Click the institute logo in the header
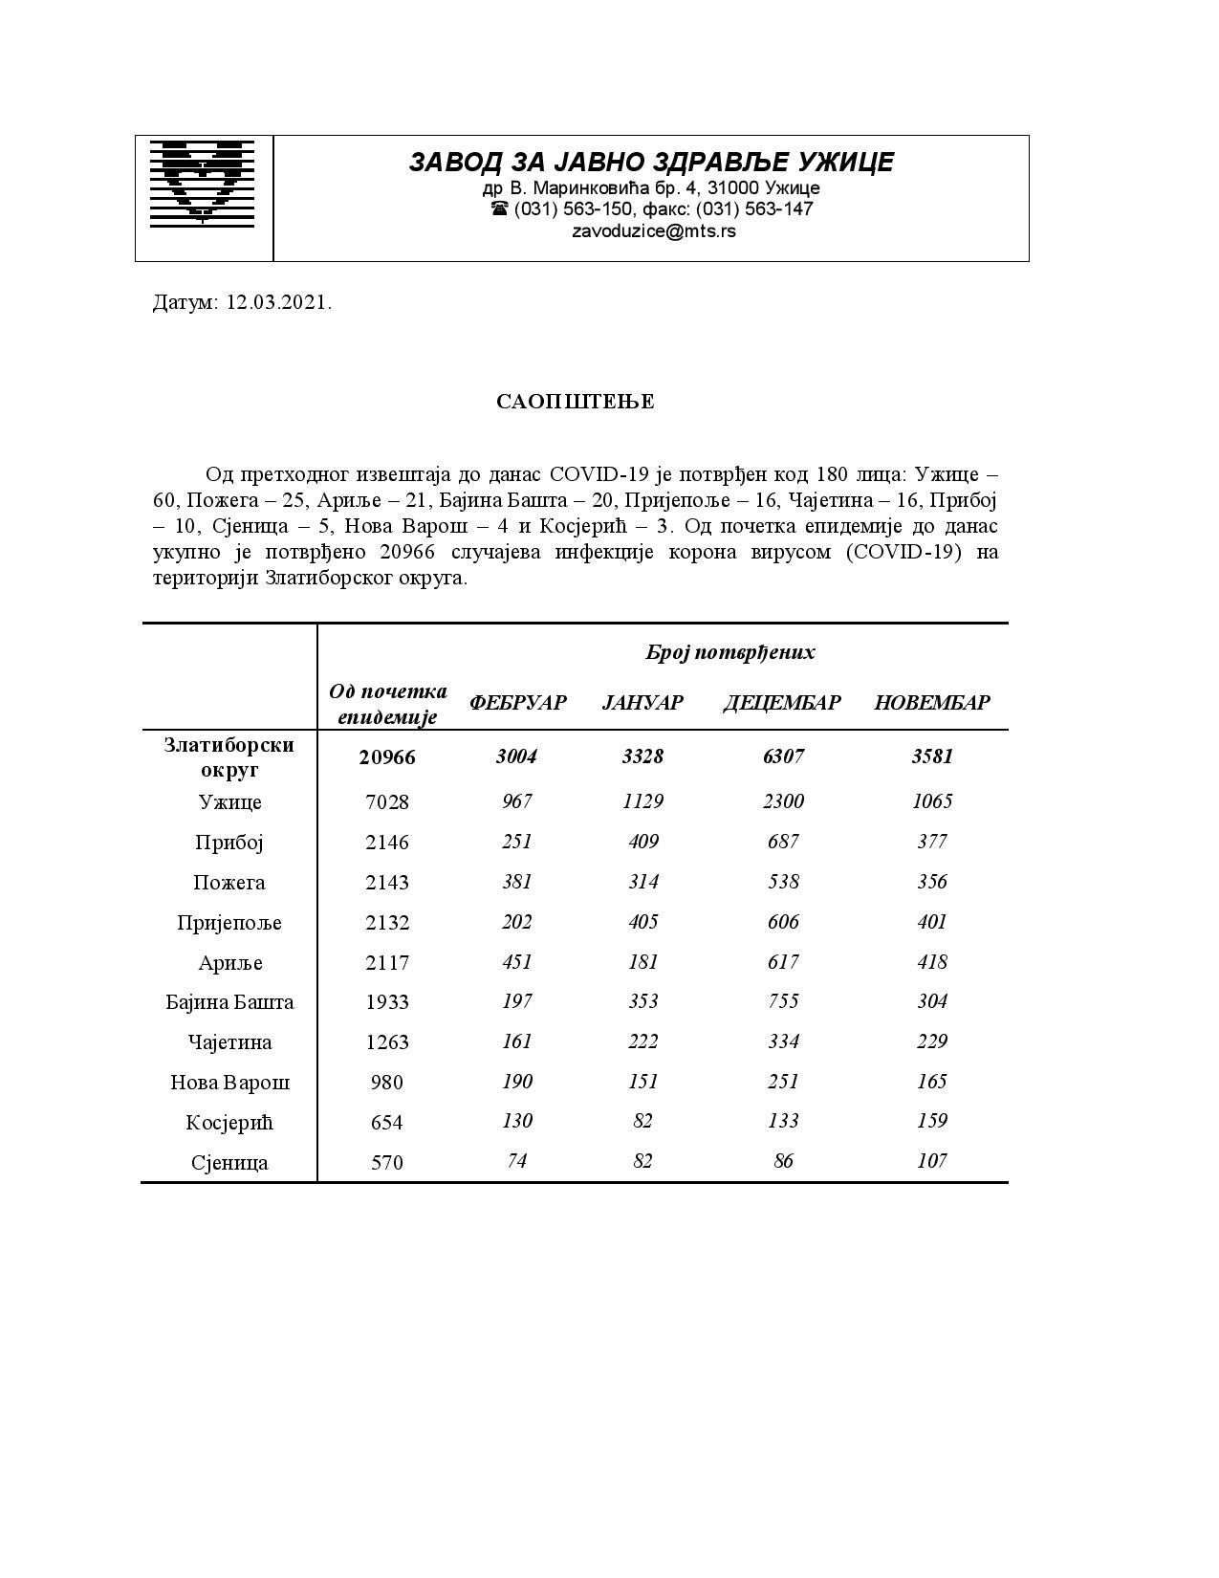tap(204, 183)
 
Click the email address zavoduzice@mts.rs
tap(654, 231)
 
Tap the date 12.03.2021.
tap(279, 303)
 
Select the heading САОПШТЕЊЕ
tap(576, 402)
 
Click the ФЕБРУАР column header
tap(517, 703)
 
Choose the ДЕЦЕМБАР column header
tap(782, 703)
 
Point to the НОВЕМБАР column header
tap(932, 703)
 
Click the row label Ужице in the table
tap(229, 802)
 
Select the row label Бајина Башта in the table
tap(229, 1002)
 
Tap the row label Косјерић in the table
tap(229, 1123)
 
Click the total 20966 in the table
tap(387, 757)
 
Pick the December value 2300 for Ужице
tap(783, 801)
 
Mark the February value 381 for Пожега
tap(517, 882)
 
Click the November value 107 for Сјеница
tap(932, 1161)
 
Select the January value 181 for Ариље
tap(642, 962)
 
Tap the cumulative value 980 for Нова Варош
tap(387, 1083)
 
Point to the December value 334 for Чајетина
tap(783, 1041)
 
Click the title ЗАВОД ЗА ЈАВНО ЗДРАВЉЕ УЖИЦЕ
tap(651, 163)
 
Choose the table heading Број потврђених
tap(730, 653)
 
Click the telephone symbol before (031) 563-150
tap(499, 208)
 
